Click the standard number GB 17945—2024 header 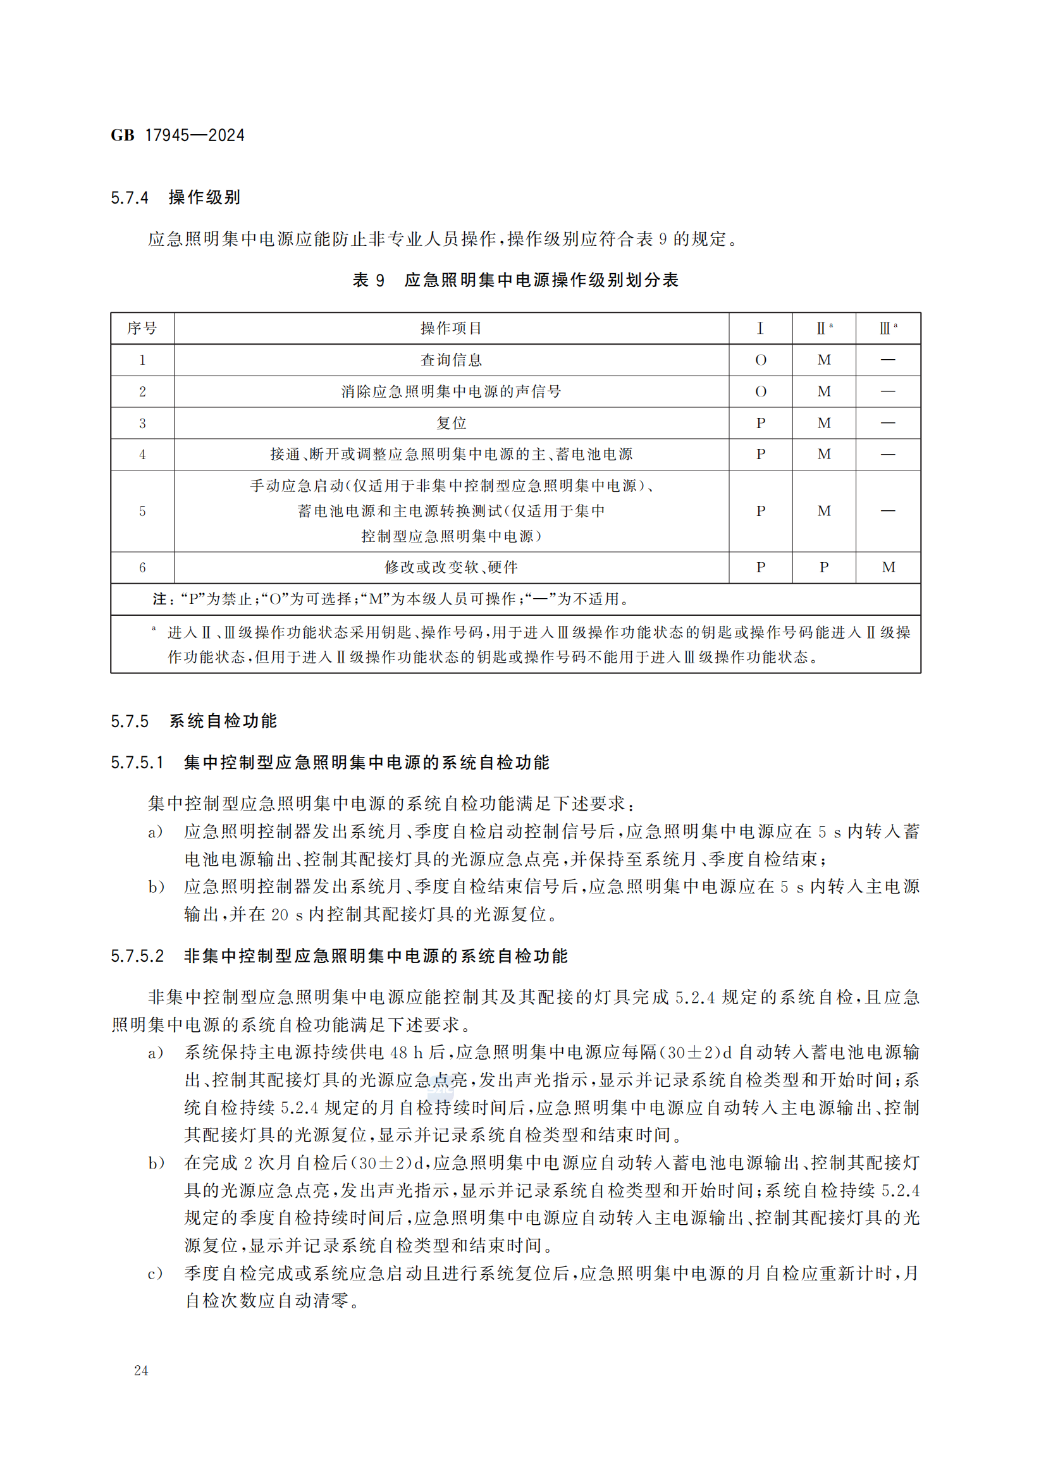point(177,135)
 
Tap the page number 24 point(141,1371)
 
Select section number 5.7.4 point(130,198)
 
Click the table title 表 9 point(368,280)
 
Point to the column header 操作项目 point(451,329)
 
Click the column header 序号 point(142,329)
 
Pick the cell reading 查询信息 point(451,360)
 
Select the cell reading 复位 point(451,423)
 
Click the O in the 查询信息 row point(760,360)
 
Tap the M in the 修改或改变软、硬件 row point(888,567)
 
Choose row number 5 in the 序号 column point(142,512)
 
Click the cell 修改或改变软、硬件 point(451,567)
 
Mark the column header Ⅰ point(760,329)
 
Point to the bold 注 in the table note point(160,599)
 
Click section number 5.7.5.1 point(137,763)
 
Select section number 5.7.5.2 point(138,957)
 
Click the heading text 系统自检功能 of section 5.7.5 point(223,721)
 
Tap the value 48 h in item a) point(407,1053)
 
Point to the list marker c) point(155,1274)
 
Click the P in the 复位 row point(760,423)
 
